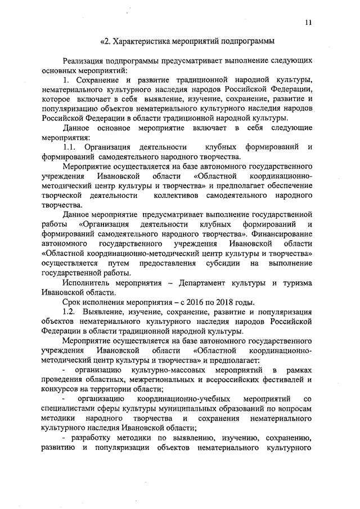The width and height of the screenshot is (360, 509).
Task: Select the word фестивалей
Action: pos(284,380)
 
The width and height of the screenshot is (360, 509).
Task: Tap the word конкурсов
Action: pos(61,389)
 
